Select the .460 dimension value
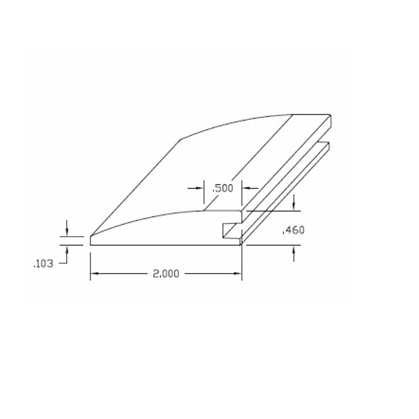(x=294, y=230)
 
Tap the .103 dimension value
(x=42, y=264)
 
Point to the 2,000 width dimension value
(x=166, y=273)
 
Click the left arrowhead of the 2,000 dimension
(x=94, y=273)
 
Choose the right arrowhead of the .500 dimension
(x=246, y=187)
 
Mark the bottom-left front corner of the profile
(x=91, y=244)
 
